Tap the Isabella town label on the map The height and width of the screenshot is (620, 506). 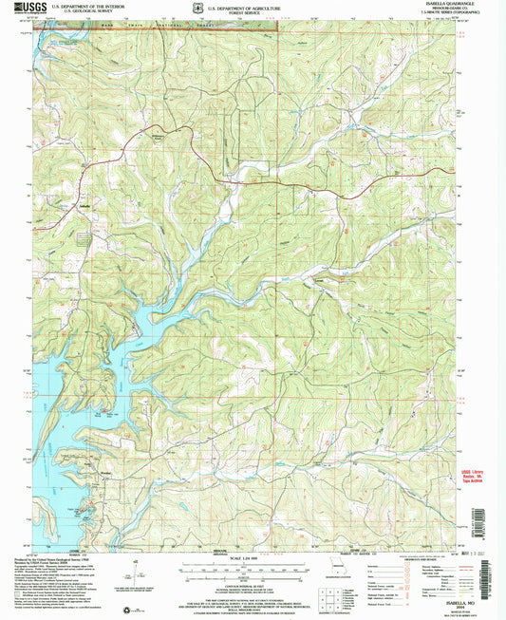click(x=83, y=203)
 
